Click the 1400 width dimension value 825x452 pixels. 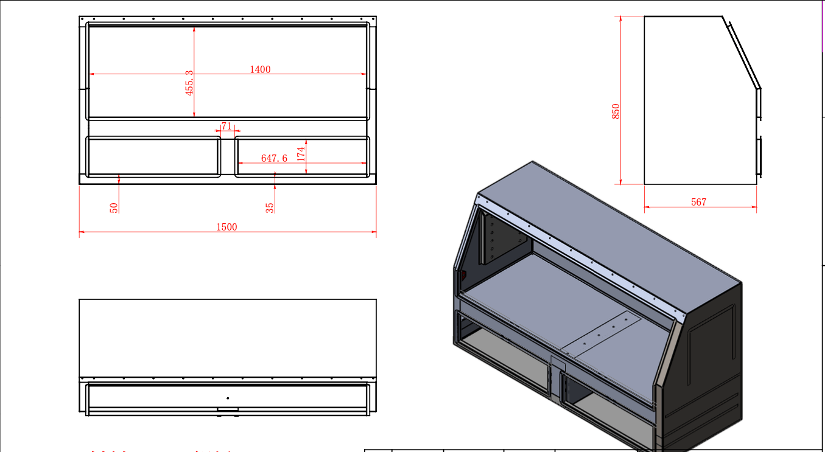click(x=260, y=69)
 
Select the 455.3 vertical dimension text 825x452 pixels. click(x=190, y=82)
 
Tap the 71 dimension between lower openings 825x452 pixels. click(x=226, y=126)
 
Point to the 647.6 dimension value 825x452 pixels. click(x=274, y=158)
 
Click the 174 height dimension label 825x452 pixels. click(x=301, y=154)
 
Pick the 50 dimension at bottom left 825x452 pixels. click(x=114, y=207)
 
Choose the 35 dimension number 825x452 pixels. click(x=270, y=207)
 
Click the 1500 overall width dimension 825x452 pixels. click(x=226, y=227)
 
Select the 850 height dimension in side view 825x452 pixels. click(x=616, y=111)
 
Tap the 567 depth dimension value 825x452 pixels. click(x=699, y=202)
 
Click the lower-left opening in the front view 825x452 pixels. click(x=153, y=157)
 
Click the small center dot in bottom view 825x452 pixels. click(x=228, y=398)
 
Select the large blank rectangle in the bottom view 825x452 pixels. click(x=228, y=338)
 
